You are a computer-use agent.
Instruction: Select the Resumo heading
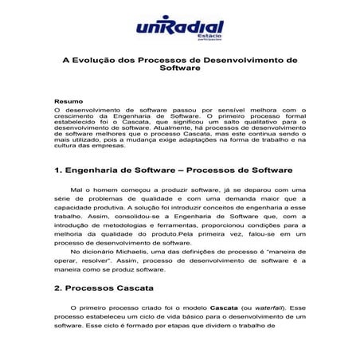pos(67,101)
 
